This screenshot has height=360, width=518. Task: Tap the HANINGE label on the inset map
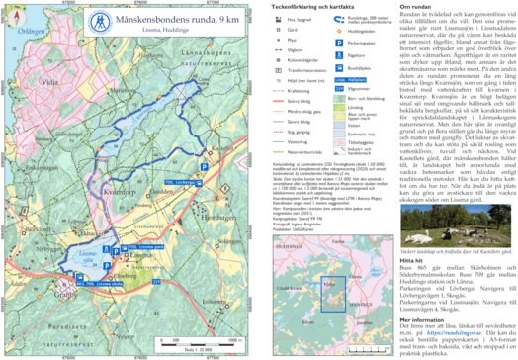point(356,315)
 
